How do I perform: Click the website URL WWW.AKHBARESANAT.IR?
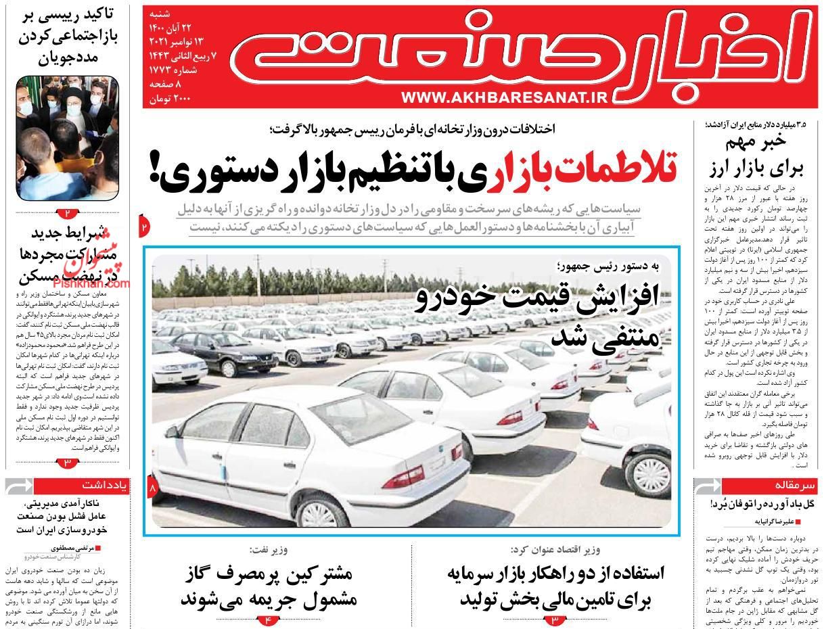click(505, 97)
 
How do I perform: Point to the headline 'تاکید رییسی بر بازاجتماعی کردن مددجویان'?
click(67, 35)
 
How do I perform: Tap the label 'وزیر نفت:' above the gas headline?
click(269, 549)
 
